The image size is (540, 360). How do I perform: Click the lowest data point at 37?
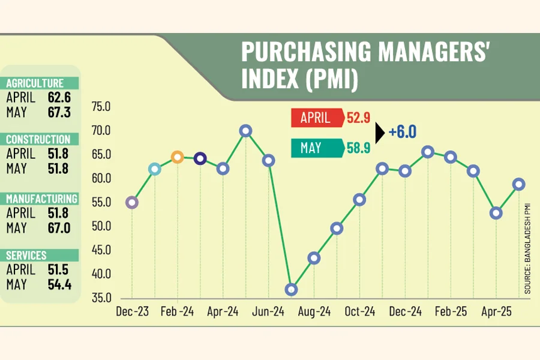click(x=292, y=289)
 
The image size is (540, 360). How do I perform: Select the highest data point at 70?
click(x=245, y=131)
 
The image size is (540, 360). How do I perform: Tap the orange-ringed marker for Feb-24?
click(x=177, y=157)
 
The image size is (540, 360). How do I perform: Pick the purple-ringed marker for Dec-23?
click(x=132, y=203)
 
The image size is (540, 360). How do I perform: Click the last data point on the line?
click(x=518, y=184)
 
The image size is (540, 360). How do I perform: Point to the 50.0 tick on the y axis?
click(x=101, y=226)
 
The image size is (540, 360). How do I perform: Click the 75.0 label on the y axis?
click(x=101, y=107)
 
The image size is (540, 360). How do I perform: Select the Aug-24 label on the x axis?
click(x=314, y=312)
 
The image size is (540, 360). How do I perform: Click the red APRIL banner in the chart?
click(x=317, y=118)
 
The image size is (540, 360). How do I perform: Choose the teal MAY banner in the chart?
click(x=317, y=148)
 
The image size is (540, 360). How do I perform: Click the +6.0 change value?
click(x=402, y=132)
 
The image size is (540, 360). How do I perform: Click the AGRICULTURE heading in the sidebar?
click(x=35, y=83)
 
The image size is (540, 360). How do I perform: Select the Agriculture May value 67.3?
click(x=59, y=112)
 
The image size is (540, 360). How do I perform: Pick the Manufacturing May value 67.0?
click(x=59, y=227)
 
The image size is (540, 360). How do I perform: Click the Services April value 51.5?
click(x=59, y=270)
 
